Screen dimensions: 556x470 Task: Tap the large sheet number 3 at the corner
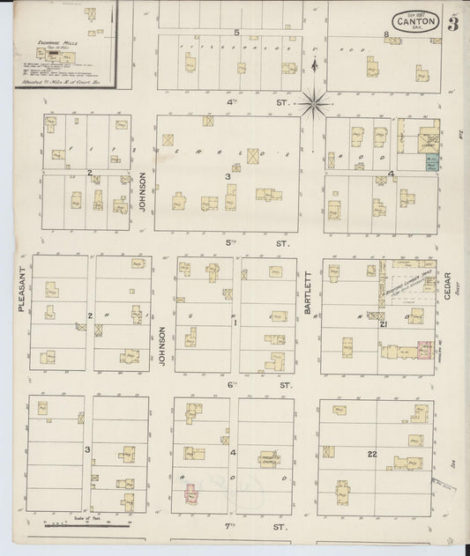[452, 23]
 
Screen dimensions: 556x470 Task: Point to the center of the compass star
[314, 104]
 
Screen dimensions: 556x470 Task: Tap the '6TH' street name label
[233, 384]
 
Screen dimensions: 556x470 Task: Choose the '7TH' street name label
[233, 527]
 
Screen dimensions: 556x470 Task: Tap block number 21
[384, 325]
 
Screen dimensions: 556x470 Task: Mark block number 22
[373, 454]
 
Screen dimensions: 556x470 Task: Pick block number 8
[386, 34]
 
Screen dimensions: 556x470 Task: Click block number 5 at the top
[236, 33]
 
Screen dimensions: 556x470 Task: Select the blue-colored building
[431, 162]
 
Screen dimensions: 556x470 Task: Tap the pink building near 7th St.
[190, 496]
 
